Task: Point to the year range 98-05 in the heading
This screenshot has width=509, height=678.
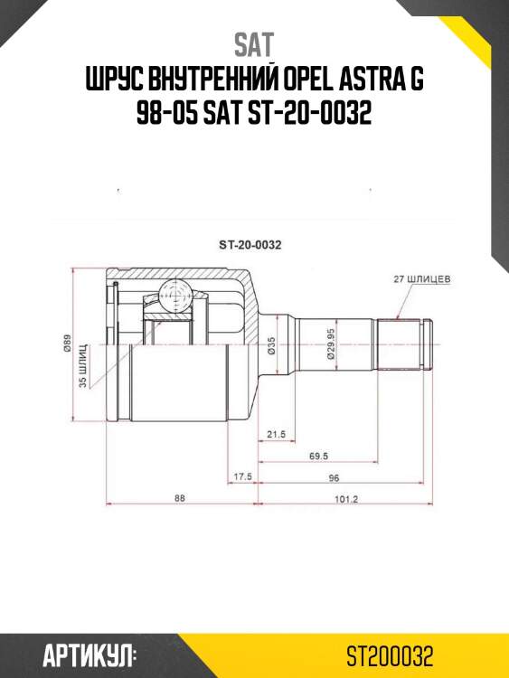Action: [x=168, y=116]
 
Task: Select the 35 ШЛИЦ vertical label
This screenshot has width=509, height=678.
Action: [x=83, y=366]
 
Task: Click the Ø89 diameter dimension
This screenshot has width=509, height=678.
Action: [x=68, y=347]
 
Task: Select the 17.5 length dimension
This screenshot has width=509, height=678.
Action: [x=242, y=476]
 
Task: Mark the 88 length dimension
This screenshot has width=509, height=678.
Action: [x=181, y=498]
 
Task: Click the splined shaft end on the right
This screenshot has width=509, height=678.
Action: [x=404, y=344]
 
